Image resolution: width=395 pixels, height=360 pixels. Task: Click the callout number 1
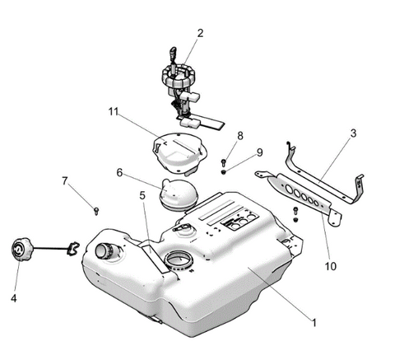(314, 323)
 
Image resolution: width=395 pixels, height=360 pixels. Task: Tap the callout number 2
(201, 33)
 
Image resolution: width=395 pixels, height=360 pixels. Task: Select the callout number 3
(353, 133)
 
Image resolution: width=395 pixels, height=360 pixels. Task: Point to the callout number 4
(14, 298)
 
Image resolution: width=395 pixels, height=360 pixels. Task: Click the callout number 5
(142, 195)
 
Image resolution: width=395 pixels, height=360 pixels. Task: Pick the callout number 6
(119, 173)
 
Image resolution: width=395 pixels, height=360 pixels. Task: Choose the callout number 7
(65, 181)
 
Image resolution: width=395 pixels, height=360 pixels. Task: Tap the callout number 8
(240, 136)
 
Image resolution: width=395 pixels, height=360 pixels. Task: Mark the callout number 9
(259, 152)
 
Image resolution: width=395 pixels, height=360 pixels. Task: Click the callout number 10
(331, 266)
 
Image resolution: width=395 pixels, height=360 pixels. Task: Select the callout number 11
(114, 112)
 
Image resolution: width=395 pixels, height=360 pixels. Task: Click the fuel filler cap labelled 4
(22, 249)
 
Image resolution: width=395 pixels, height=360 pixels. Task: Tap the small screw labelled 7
(96, 211)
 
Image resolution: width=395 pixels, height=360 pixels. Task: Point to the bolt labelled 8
(223, 162)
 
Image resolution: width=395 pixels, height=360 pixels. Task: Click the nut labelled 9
(224, 172)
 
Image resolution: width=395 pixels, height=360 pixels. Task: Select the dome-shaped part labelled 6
(179, 194)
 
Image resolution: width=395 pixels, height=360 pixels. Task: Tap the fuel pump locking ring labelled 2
(179, 77)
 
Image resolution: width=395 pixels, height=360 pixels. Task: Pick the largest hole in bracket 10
(289, 189)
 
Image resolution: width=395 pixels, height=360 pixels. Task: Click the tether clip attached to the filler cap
(73, 249)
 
